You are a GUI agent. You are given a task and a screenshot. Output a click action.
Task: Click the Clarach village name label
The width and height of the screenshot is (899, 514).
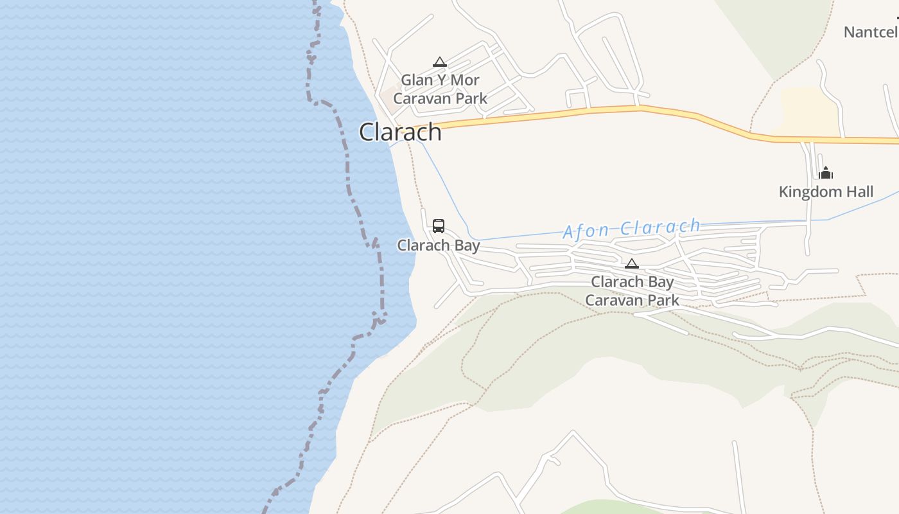click(400, 132)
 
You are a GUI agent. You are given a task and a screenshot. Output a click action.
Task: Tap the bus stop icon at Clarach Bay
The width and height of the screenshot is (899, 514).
click(439, 226)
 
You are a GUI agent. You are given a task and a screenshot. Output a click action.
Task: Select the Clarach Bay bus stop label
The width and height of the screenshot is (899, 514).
click(439, 245)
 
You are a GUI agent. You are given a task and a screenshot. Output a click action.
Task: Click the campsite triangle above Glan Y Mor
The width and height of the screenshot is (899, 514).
click(440, 62)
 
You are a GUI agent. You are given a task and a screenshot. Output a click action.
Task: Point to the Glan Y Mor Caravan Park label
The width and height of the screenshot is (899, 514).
click(441, 89)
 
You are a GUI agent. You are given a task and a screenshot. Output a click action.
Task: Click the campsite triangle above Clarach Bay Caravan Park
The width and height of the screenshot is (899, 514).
click(632, 263)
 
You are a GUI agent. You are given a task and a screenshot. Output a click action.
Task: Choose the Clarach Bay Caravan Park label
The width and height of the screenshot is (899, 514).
click(633, 291)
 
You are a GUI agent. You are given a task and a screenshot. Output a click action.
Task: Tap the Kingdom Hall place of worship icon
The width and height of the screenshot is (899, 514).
click(826, 173)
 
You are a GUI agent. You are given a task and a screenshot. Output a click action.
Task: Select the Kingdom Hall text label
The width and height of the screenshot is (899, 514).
click(826, 191)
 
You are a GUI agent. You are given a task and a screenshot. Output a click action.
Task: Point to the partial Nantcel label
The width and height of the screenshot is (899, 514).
click(871, 32)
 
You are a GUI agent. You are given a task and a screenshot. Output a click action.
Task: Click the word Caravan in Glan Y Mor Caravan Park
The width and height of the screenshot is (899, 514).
click(421, 98)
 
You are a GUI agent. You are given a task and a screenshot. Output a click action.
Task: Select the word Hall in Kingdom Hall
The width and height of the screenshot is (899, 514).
click(860, 191)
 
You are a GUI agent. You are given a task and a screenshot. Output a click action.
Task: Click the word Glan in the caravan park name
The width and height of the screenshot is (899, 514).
click(416, 80)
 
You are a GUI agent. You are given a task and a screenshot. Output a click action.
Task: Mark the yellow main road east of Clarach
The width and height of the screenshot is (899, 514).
click(578, 113)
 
